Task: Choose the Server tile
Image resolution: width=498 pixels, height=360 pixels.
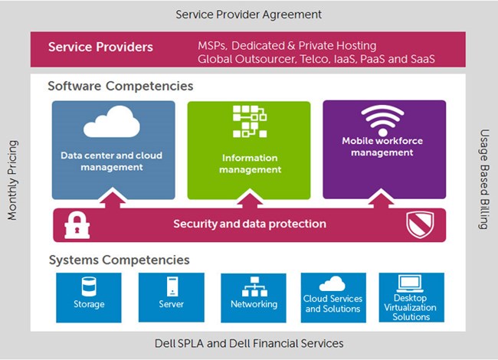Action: coord(171,298)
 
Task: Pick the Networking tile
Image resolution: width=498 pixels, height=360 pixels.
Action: coord(254,298)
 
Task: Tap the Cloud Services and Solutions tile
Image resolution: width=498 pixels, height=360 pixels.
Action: coord(333,298)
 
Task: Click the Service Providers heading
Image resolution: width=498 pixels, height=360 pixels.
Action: coord(100,47)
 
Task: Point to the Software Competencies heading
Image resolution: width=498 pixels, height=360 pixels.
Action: coord(120,87)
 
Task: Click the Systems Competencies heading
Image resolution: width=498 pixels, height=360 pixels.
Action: coord(119,260)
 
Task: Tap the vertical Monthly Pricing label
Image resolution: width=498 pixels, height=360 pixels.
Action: coord(12,181)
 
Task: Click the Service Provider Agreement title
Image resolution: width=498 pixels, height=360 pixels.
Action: coord(249,15)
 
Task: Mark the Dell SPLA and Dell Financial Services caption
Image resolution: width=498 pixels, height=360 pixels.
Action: coord(249,343)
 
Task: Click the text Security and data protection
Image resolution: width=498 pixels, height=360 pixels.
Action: coord(250,224)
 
